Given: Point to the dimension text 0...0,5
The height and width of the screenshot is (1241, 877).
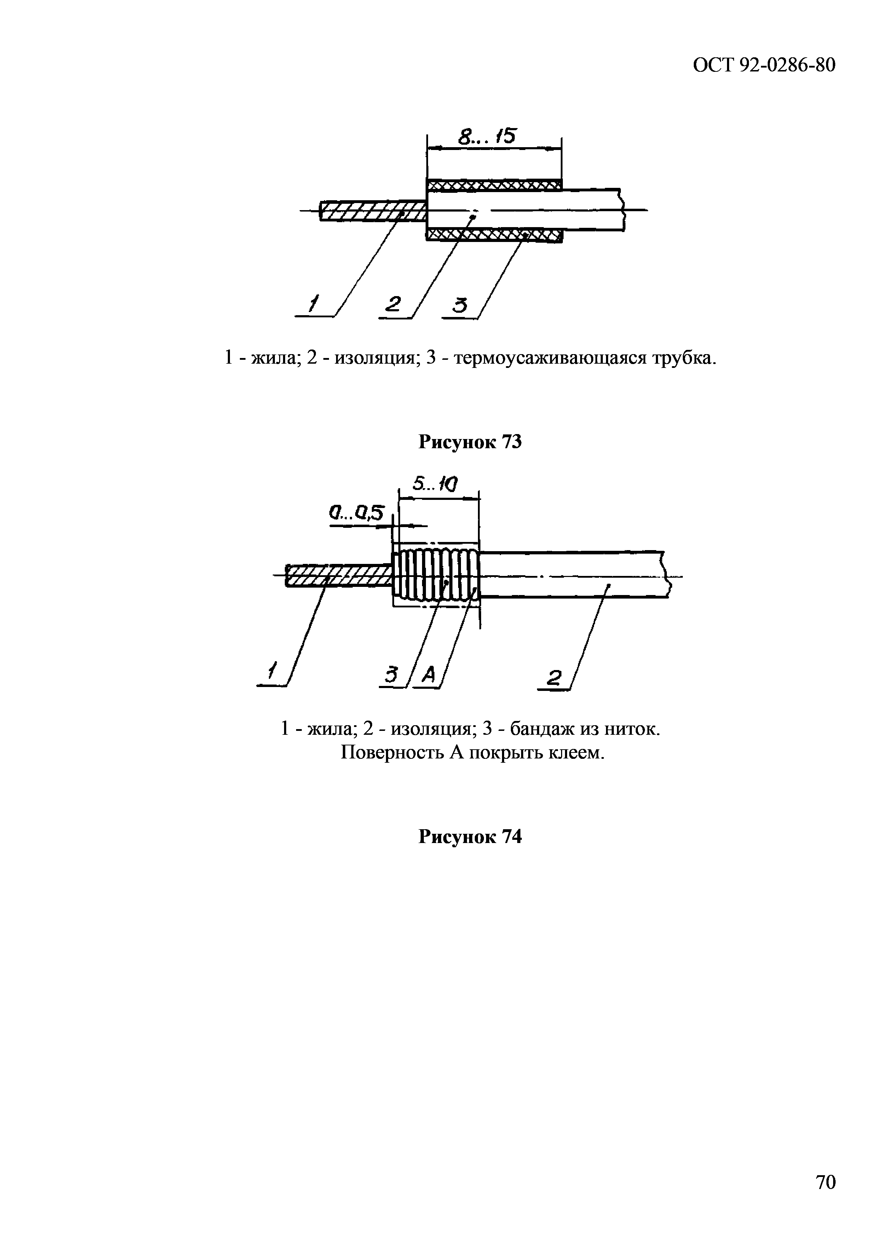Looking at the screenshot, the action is pos(356,512).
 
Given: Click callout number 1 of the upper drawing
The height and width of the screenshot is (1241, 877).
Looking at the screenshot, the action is pos(313,304).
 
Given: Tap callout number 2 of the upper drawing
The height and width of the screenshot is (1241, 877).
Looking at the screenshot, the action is pos(393,304).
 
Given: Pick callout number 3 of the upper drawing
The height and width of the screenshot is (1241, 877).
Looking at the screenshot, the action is pos(460,305).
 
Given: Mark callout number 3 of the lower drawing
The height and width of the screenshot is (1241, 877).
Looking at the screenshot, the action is pos(391,675).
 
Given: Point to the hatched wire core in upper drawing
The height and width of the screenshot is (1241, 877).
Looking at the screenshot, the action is pos(373,211).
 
